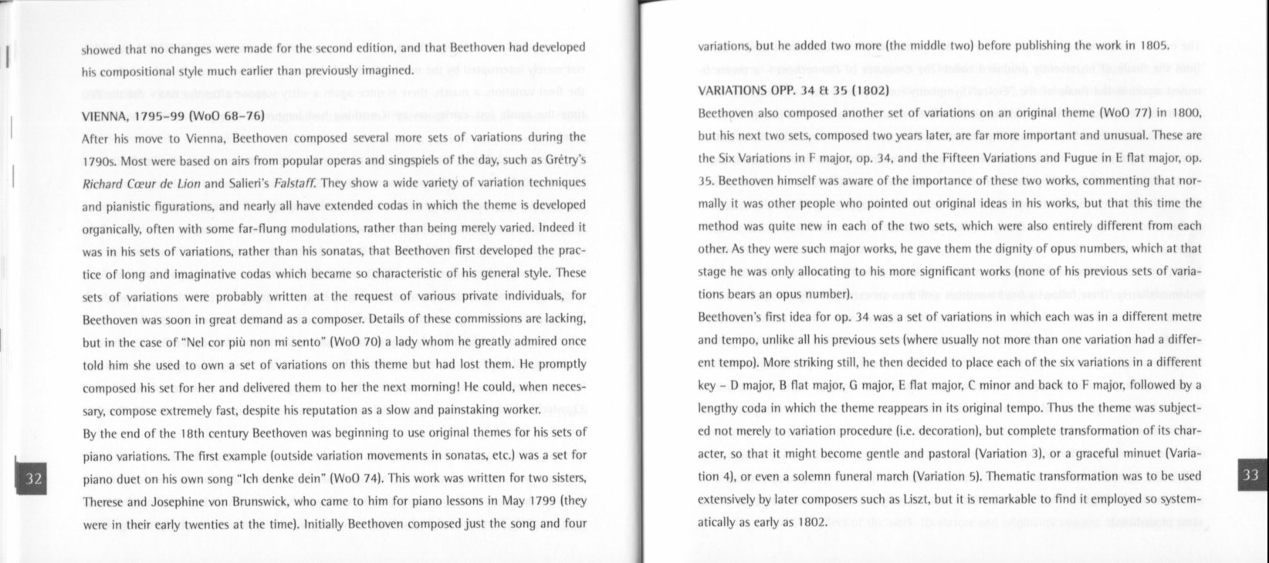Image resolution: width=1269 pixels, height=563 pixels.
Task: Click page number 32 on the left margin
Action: (x=33, y=478)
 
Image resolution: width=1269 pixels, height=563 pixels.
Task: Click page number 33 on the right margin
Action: (x=1250, y=475)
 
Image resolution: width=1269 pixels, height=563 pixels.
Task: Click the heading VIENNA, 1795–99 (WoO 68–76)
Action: (x=174, y=116)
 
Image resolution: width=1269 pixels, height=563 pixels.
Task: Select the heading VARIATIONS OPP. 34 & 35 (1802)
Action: (x=794, y=89)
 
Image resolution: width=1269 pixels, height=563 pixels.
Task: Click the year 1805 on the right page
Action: (x=1155, y=45)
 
